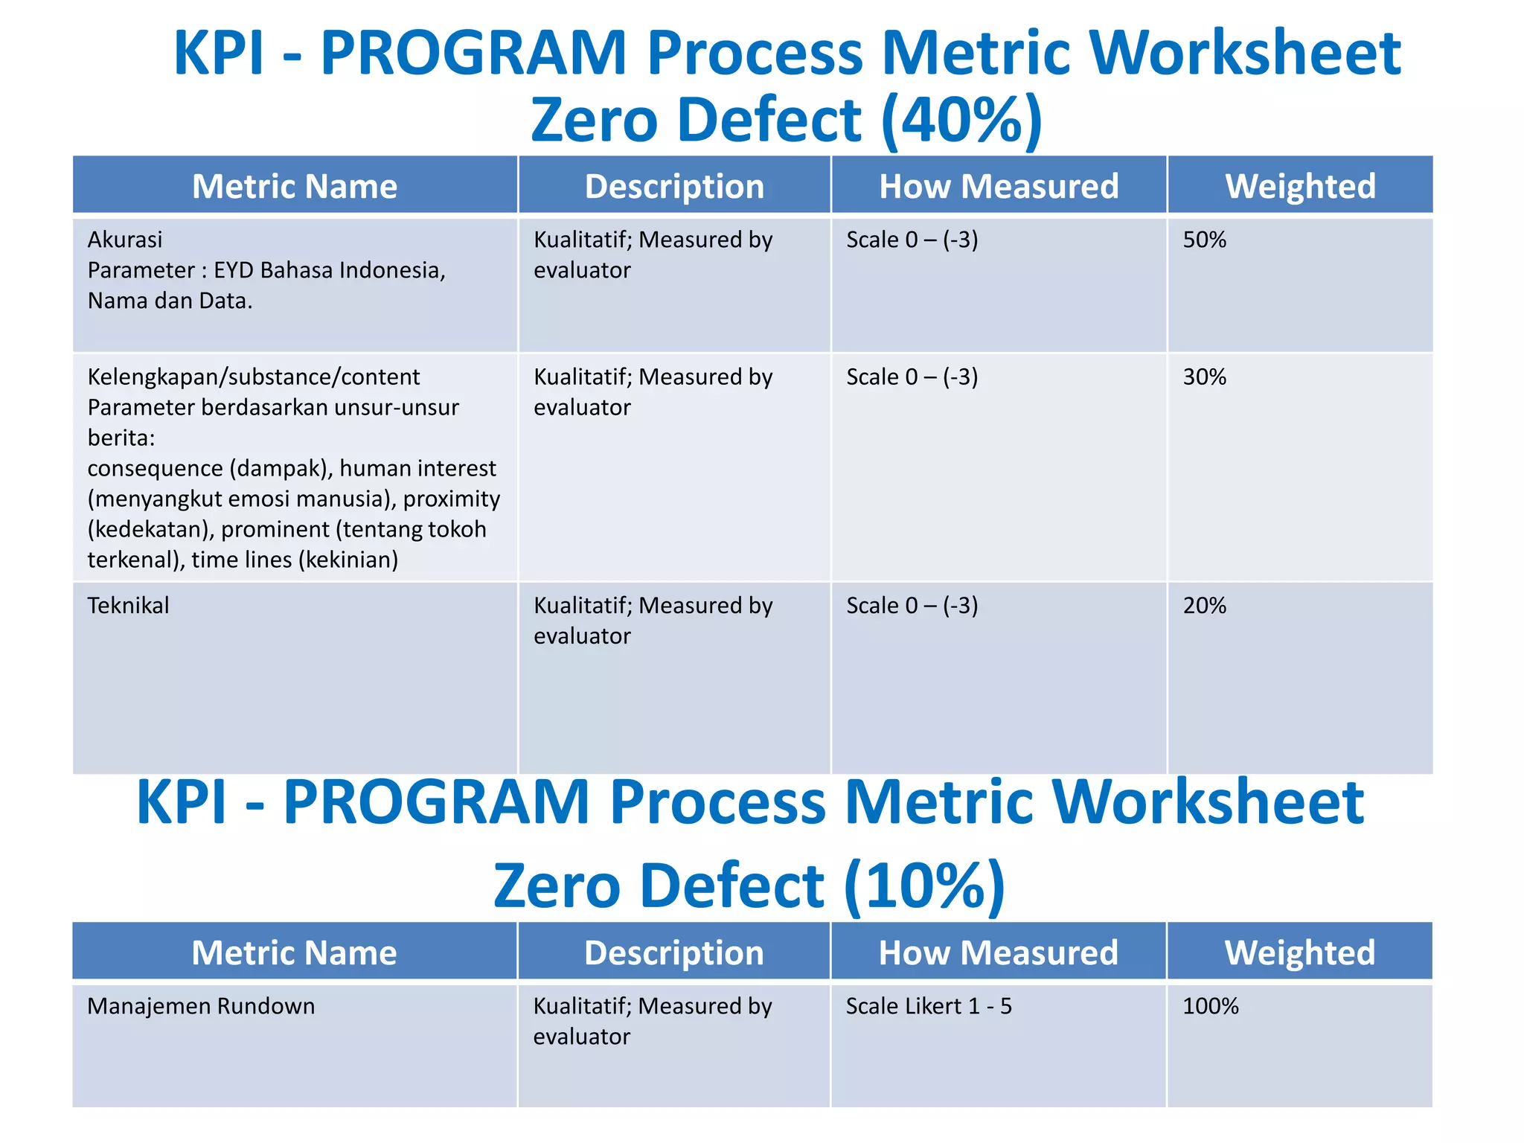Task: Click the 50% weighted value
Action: [x=1204, y=240]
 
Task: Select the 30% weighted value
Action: [x=1204, y=377]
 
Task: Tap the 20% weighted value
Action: [x=1204, y=605]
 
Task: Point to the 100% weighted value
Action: [x=1210, y=1006]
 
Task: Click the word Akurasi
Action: [x=125, y=240]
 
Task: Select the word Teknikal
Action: [x=128, y=605]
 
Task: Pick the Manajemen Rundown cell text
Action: [x=201, y=1006]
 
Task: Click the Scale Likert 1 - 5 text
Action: [x=929, y=1006]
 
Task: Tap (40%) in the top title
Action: [x=961, y=121]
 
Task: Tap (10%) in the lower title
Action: [x=924, y=886]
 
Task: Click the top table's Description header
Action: [x=674, y=186]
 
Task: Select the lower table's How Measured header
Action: [x=998, y=952]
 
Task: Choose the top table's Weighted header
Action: [x=1300, y=186]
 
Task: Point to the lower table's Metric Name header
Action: [x=294, y=952]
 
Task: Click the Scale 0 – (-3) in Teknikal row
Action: [x=912, y=605]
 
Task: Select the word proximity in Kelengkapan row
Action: [x=451, y=499]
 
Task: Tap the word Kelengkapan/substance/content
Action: [x=254, y=377]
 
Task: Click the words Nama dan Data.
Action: [x=170, y=301]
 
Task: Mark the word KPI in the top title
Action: [x=219, y=54]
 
